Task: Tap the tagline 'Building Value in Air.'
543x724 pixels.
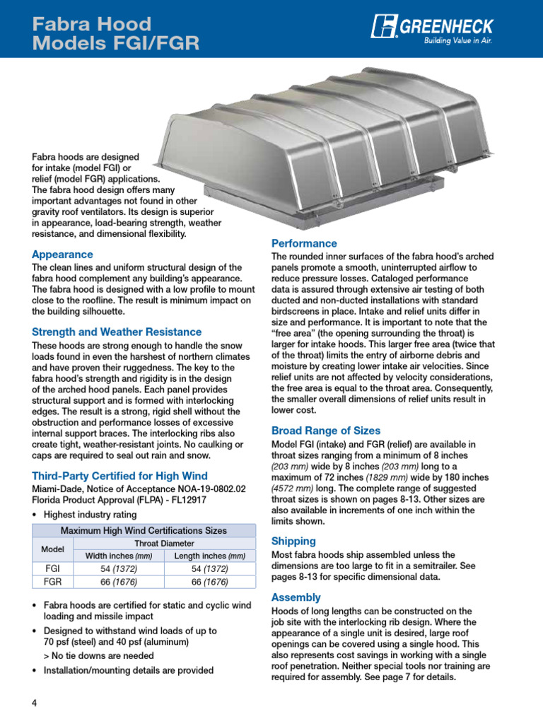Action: point(457,41)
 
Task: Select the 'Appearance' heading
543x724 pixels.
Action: point(62,254)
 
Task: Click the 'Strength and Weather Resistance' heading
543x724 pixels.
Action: point(117,332)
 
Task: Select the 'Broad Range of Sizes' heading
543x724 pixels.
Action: point(326,431)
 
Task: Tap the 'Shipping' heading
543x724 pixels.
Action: point(295,541)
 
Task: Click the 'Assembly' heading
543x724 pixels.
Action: point(296,597)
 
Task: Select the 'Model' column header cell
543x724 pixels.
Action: point(53,549)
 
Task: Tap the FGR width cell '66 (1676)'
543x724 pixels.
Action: point(119,582)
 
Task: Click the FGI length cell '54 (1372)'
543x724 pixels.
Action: point(210,568)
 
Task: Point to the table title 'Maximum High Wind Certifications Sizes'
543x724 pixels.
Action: point(144,530)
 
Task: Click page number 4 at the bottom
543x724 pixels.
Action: point(34,703)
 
